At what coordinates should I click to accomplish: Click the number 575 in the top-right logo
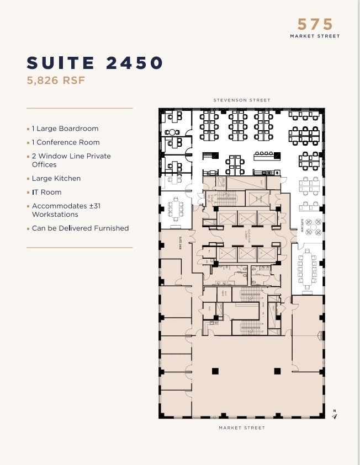[315, 24]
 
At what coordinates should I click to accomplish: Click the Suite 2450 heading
[95, 63]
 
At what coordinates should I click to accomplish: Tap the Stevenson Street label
[242, 100]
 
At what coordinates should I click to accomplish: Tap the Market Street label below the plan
[242, 428]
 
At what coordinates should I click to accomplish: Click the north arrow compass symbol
[334, 415]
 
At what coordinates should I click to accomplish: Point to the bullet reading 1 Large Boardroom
[65, 129]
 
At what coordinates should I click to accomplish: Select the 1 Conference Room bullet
[65, 142]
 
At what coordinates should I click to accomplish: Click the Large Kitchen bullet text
[56, 179]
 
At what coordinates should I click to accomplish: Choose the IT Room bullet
[46, 193]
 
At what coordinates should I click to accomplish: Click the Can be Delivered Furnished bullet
[80, 228]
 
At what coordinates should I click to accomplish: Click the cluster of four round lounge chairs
[314, 227]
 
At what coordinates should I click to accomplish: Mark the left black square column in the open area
[215, 370]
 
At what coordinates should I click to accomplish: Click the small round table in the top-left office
[172, 132]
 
